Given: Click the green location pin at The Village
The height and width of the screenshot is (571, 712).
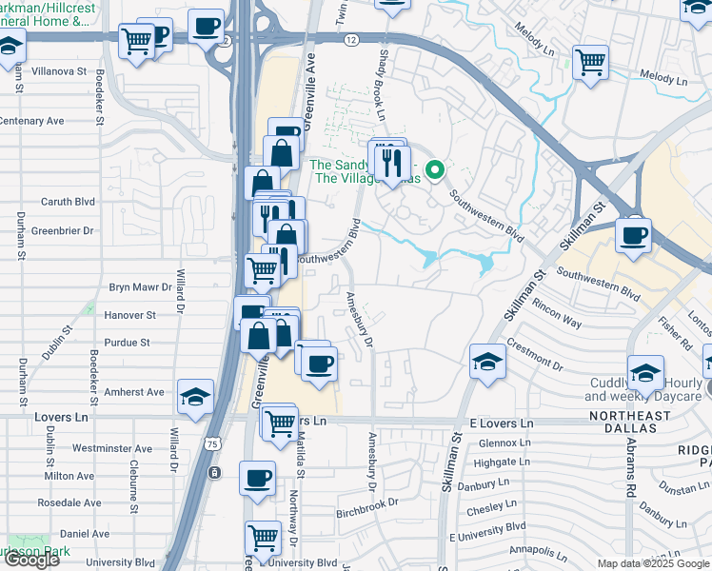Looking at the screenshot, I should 435,170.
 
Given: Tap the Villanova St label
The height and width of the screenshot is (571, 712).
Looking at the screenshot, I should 56,71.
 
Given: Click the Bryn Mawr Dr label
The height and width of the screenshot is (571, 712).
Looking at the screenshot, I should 139,285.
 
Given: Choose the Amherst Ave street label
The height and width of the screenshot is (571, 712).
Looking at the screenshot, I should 134,392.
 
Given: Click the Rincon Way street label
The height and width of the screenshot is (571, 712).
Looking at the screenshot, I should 558,316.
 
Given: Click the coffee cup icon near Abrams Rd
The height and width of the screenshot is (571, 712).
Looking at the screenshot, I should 633,234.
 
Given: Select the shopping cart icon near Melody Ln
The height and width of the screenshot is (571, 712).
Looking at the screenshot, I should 591,62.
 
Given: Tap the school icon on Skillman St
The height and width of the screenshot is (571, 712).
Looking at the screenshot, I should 486,362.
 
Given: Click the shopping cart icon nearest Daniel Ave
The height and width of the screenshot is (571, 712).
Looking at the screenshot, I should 262,537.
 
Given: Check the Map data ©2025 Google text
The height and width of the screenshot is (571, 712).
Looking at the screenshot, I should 653,563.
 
